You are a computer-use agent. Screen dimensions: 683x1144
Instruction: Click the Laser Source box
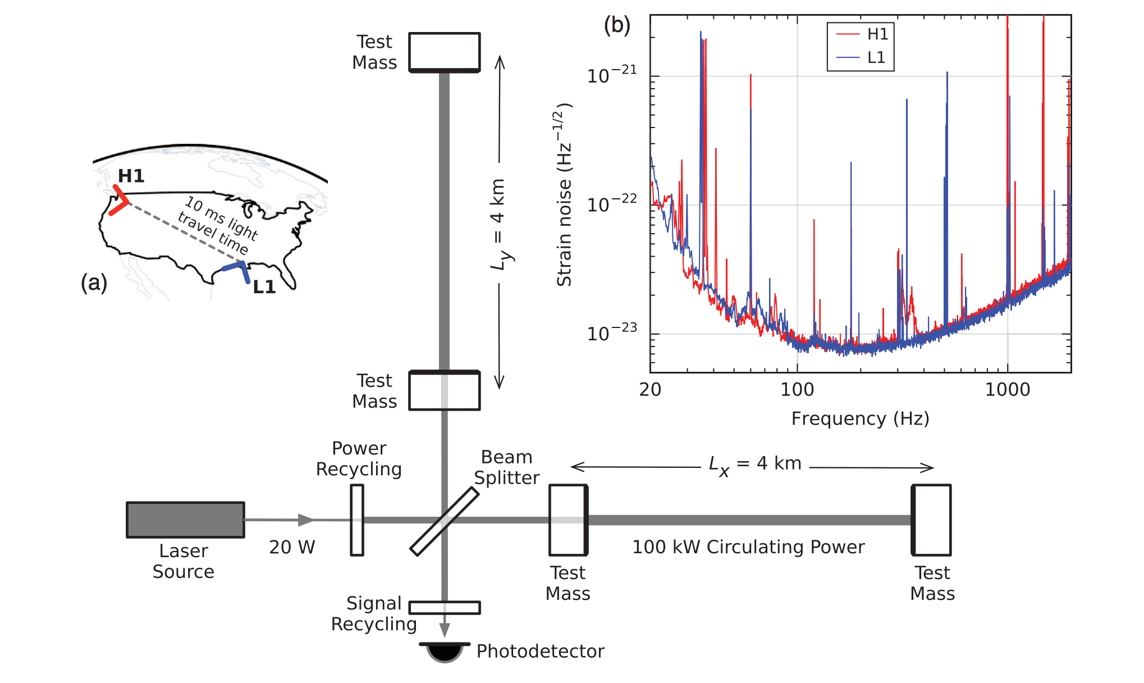click(185, 520)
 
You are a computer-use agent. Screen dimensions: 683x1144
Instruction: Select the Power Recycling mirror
click(357, 520)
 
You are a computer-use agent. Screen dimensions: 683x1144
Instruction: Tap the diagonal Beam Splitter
click(445, 521)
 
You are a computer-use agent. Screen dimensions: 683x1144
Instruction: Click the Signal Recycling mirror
click(445, 608)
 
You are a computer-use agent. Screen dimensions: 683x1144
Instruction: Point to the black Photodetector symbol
click(445, 653)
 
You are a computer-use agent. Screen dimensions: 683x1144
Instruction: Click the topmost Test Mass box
click(445, 52)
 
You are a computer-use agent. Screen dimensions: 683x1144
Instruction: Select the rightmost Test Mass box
click(931, 520)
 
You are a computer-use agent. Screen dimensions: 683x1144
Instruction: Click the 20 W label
click(292, 547)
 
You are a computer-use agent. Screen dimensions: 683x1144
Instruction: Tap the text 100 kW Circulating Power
click(748, 547)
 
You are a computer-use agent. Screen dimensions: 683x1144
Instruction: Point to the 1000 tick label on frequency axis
click(1008, 390)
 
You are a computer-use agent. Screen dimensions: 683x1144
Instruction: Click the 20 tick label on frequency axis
click(650, 390)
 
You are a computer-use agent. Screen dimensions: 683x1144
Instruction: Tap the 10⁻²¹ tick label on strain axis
click(612, 75)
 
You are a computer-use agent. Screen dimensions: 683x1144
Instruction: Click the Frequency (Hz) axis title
click(860, 418)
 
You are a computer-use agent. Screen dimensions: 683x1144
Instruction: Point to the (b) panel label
click(617, 25)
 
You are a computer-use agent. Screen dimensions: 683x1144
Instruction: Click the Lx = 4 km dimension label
click(755, 465)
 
